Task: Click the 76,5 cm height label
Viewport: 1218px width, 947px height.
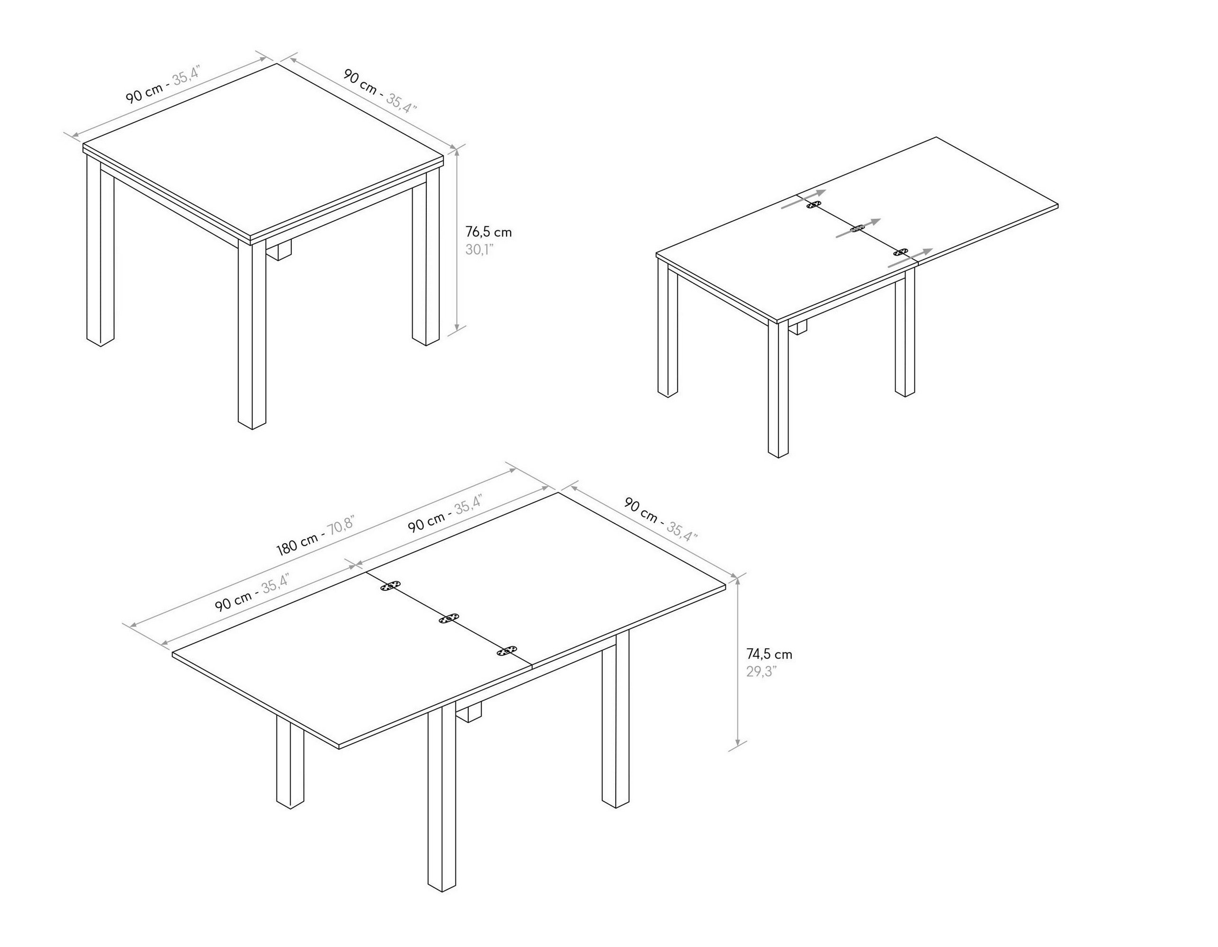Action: point(488,232)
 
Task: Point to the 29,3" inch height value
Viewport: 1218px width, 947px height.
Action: point(761,671)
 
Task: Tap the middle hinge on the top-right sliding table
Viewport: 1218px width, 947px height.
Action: point(857,229)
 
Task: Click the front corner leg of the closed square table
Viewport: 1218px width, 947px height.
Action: point(251,335)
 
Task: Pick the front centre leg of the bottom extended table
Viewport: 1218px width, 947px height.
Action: point(442,797)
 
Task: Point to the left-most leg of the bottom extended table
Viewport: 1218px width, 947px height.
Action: point(290,764)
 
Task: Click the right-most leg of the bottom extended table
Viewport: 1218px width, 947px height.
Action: point(615,719)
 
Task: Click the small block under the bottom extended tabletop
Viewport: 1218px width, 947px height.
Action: point(468,712)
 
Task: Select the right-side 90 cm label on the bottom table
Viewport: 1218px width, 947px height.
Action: point(660,521)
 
